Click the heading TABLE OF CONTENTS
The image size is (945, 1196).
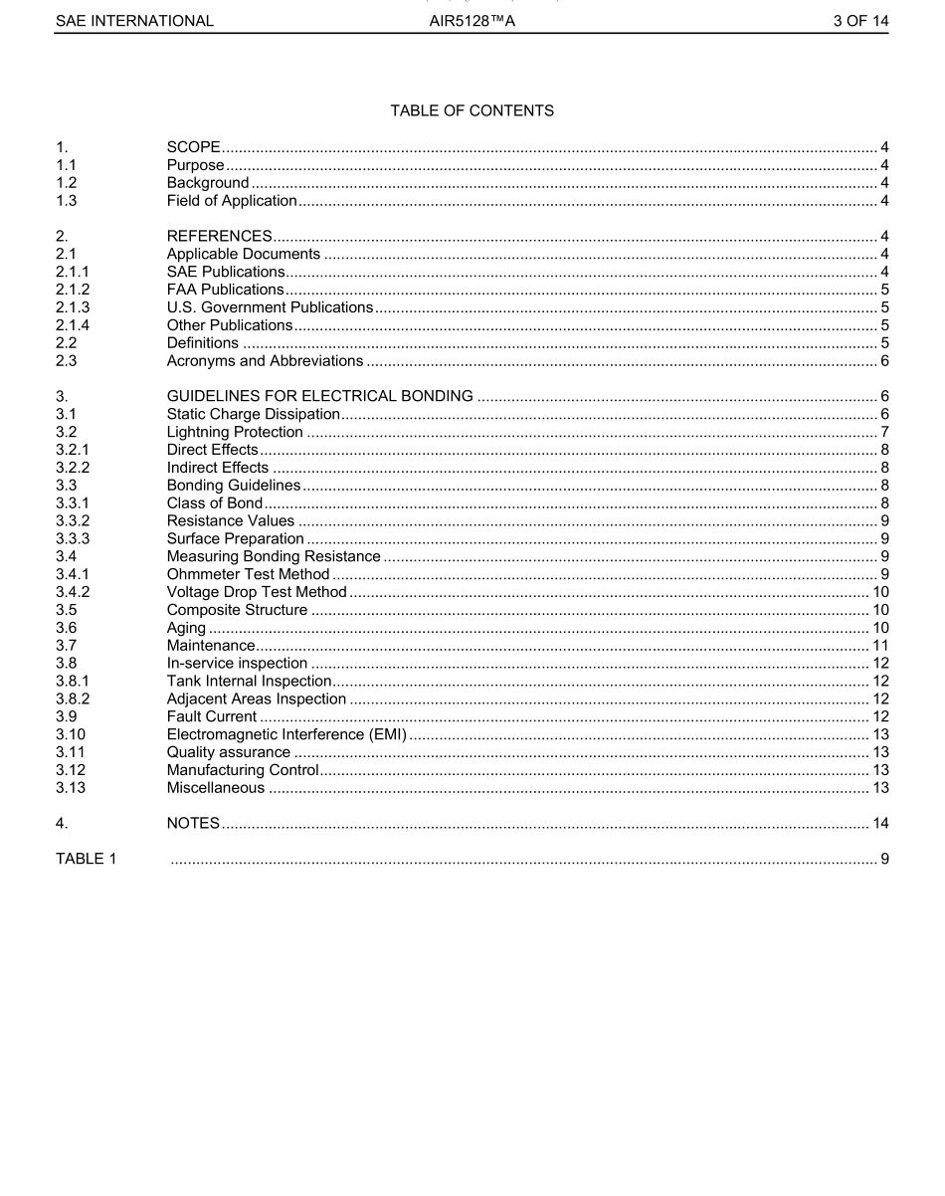(472, 110)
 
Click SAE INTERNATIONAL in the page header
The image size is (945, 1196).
(134, 21)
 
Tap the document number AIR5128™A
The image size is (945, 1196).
(472, 21)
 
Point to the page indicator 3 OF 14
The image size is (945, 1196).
(860, 21)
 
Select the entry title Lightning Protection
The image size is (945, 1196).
(235, 432)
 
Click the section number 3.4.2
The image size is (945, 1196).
(73, 592)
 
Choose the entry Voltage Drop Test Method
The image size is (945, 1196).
(257, 592)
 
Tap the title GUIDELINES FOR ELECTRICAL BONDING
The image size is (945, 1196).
(319, 396)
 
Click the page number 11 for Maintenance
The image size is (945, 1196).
(880, 646)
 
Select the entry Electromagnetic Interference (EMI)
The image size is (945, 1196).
(286, 734)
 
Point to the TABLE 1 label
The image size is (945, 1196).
(86, 859)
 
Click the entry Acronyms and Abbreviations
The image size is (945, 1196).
(265, 360)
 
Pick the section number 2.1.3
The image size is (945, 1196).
(73, 307)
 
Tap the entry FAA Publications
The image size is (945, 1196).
(225, 290)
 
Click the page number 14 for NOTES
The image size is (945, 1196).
(880, 823)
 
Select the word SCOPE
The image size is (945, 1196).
(193, 147)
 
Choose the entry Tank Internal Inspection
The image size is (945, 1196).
(249, 682)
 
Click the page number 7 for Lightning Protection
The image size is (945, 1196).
(884, 432)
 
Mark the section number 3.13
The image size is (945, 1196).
(69, 788)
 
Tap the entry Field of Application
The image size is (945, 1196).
(232, 201)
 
